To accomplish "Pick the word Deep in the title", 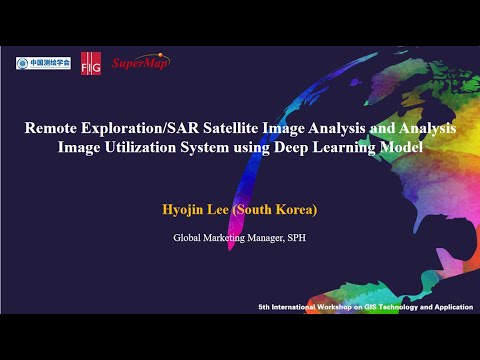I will (x=320, y=147).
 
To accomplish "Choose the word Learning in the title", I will (x=369, y=147).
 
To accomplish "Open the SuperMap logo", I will (x=139, y=62).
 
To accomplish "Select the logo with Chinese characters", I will (x=42, y=63).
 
